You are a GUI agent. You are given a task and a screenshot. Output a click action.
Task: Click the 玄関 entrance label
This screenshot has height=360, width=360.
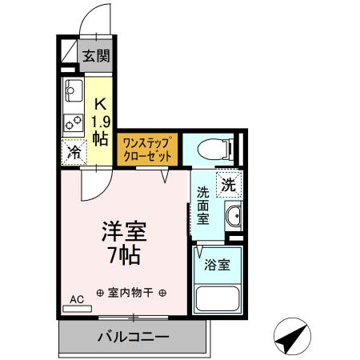pos(98,57)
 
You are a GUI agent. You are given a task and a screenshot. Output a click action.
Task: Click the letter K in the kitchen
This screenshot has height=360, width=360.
pos(101,103)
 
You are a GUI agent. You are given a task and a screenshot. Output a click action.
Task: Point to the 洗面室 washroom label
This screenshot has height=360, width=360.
pos(203,206)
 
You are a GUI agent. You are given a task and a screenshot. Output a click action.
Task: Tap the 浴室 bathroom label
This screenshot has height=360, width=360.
pos(217,264)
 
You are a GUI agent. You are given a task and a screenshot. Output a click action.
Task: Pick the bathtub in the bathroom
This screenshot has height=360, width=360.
pos(217,299)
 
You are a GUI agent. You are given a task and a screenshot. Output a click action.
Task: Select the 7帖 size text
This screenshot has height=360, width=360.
pos(123,257)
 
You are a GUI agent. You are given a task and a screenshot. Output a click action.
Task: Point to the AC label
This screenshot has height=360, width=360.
pos(77,300)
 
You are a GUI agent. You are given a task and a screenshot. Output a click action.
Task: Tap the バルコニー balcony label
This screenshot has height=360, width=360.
pos(133,336)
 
